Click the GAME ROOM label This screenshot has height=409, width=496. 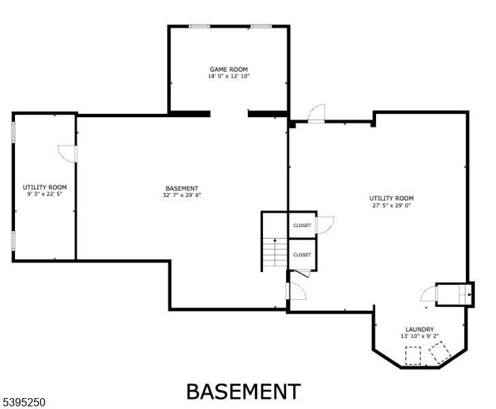pyautogui.click(x=229, y=70)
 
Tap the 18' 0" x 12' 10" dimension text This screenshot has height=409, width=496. pyautogui.click(x=229, y=76)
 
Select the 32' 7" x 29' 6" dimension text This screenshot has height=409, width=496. pyautogui.click(x=182, y=196)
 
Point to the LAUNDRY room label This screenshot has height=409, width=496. pyautogui.click(x=420, y=329)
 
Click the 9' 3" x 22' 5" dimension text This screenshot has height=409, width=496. pyautogui.click(x=44, y=194)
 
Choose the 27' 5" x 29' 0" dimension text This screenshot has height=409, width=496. pyautogui.click(x=391, y=205)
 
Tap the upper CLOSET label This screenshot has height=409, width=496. pyautogui.click(x=302, y=226)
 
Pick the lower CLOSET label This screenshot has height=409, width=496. pyautogui.click(x=302, y=255)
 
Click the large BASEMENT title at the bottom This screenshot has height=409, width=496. pyautogui.click(x=243, y=391)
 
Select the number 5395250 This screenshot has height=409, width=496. pyautogui.click(x=24, y=403)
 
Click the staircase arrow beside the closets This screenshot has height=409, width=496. pyautogui.click(x=275, y=252)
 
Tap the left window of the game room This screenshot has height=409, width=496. pyautogui.click(x=199, y=27)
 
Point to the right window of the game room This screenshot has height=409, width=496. pyautogui.click(x=262, y=27)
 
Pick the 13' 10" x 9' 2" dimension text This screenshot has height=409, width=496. pyautogui.click(x=420, y=336)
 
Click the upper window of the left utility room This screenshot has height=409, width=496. pyautogui.click(x=14, y=132)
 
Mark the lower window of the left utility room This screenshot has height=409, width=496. pyautogui.click(x=14, y=241)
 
